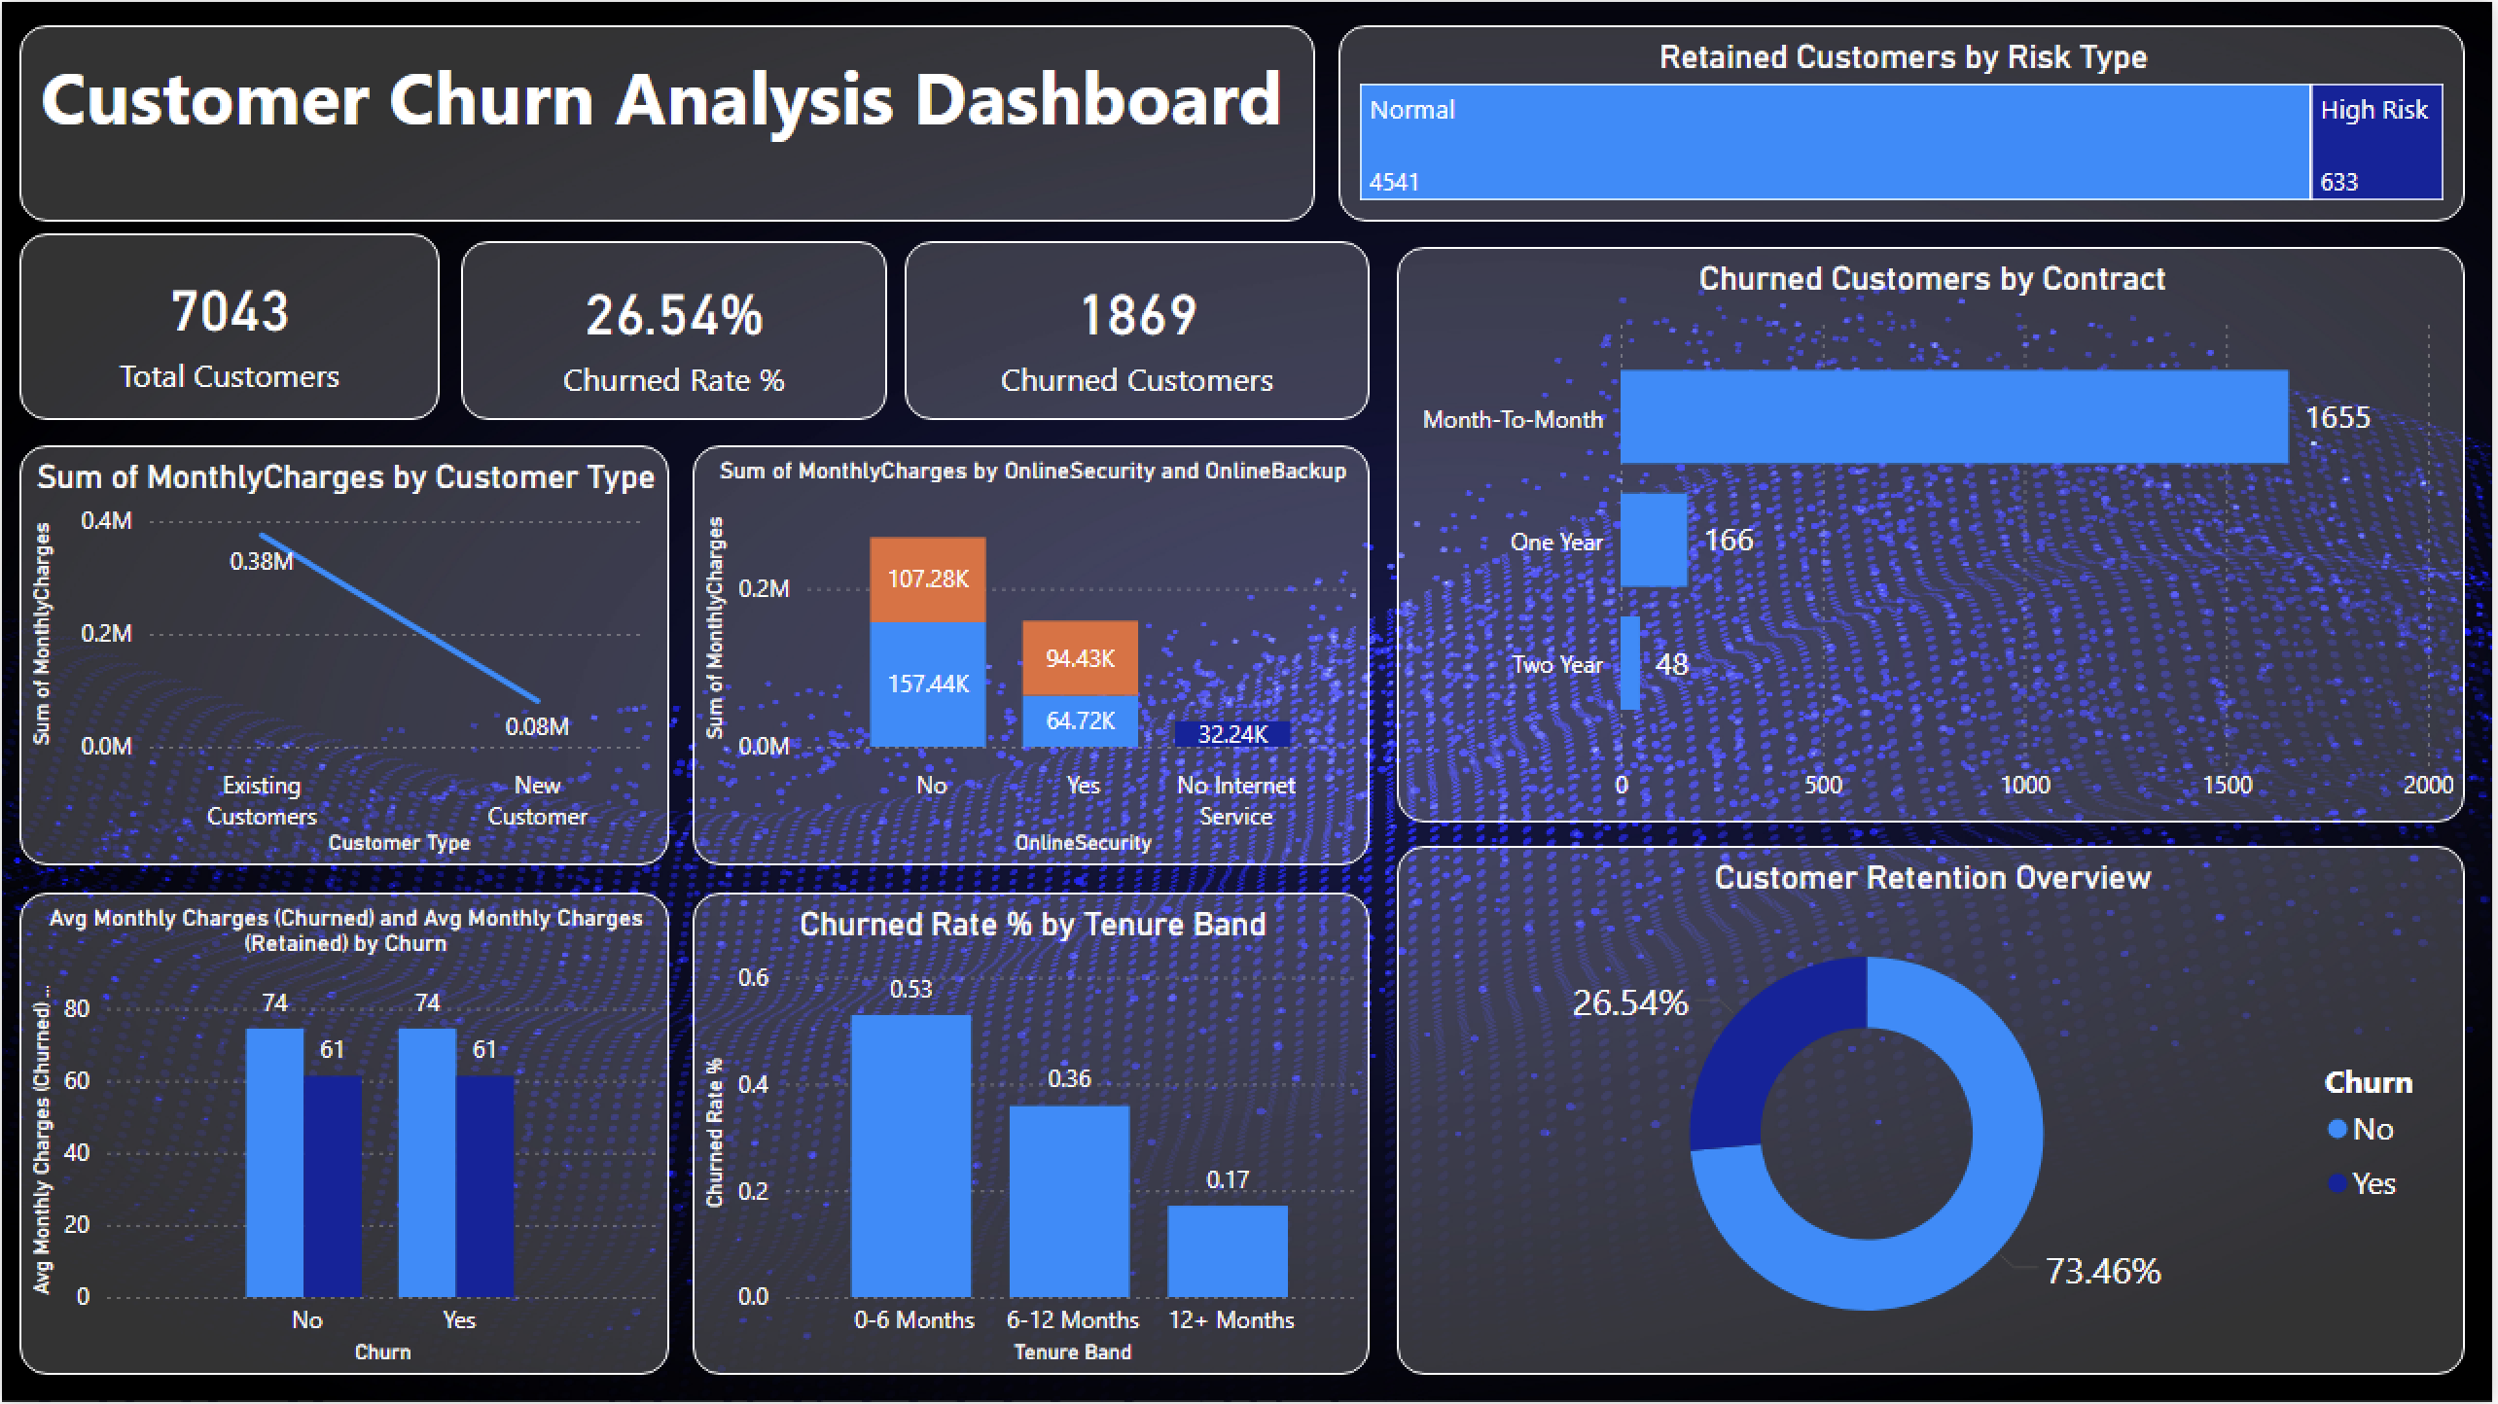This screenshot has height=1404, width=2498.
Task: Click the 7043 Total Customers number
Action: pos(230,312)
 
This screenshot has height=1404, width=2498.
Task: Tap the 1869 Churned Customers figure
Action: pos(1137,316)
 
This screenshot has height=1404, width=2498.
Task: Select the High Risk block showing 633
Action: pos(2375,143)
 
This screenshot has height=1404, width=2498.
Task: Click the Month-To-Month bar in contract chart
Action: pos(1953,417)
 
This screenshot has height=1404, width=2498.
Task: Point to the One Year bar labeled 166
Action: pos(1653,540)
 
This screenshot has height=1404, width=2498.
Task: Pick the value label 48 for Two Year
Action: pos(1671,665)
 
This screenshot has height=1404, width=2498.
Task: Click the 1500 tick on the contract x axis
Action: pos(2227,785)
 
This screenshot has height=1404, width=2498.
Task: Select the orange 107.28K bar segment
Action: pos(927,579)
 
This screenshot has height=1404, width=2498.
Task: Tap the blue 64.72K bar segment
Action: pos(1080,721)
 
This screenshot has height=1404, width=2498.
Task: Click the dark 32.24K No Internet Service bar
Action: pos(1231,734)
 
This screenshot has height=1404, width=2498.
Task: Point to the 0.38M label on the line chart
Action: pos(261,562)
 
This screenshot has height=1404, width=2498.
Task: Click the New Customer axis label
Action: pos(537,800)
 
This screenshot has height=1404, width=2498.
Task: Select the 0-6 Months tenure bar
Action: pos(910,1155)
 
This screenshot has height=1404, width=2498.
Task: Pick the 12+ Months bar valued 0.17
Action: pos(1227,1250)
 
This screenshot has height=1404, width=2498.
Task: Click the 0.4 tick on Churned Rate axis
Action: pos(752,1085)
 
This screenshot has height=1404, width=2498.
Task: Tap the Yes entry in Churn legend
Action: pos(2372,1184)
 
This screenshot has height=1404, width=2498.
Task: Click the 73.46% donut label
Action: pos(2102,1271)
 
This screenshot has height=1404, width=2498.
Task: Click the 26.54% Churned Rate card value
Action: pos(674,317)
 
